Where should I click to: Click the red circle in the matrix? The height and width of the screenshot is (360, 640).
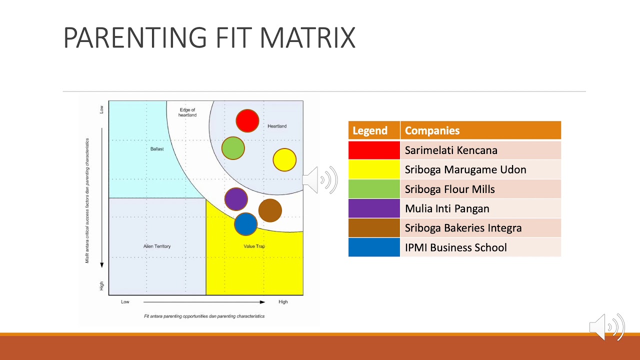[x=247, y=121]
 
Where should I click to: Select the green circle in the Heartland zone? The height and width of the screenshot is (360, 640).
[x=233, y=148]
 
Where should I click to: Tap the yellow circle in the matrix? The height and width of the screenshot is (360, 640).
[x=284, y=160]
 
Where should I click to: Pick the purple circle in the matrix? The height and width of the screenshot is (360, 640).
[x=236, y=199]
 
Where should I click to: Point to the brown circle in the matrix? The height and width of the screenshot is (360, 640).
[x=270, y=210]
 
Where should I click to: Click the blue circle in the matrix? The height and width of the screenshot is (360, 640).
[x=245, y=224]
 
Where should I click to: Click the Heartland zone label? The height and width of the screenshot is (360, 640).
[x=277, y=126]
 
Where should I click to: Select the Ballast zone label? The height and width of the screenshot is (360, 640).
[x=157, y=149]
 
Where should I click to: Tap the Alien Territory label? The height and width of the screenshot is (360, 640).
[x=157, y=246]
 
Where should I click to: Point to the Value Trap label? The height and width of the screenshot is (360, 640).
[x=254, y=246]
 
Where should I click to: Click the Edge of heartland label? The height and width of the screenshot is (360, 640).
[x=187, y=112]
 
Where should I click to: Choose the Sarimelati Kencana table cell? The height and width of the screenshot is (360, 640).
[x=480, y=150]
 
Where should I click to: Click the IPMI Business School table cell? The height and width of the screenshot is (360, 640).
[x=480, y=247]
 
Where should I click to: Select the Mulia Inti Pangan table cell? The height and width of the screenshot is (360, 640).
[x=480, y=208]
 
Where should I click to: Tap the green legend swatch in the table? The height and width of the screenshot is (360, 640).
[x=374, y=189]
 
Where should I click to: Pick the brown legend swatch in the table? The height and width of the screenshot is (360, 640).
[x=374, y=228]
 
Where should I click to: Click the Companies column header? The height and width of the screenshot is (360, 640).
[x=480, y=130]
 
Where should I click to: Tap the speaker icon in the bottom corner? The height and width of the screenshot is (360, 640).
[x=607, y=327]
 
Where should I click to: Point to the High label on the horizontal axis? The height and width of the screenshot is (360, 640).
[x=283, y=302]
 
